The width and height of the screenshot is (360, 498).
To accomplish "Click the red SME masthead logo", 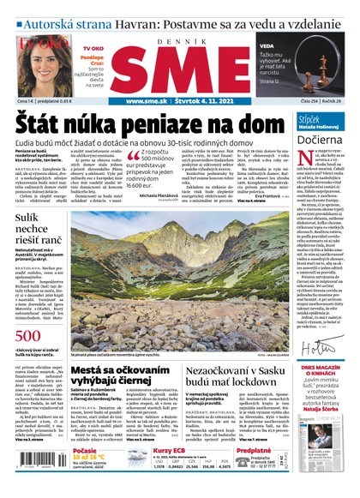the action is pos(179,65).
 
